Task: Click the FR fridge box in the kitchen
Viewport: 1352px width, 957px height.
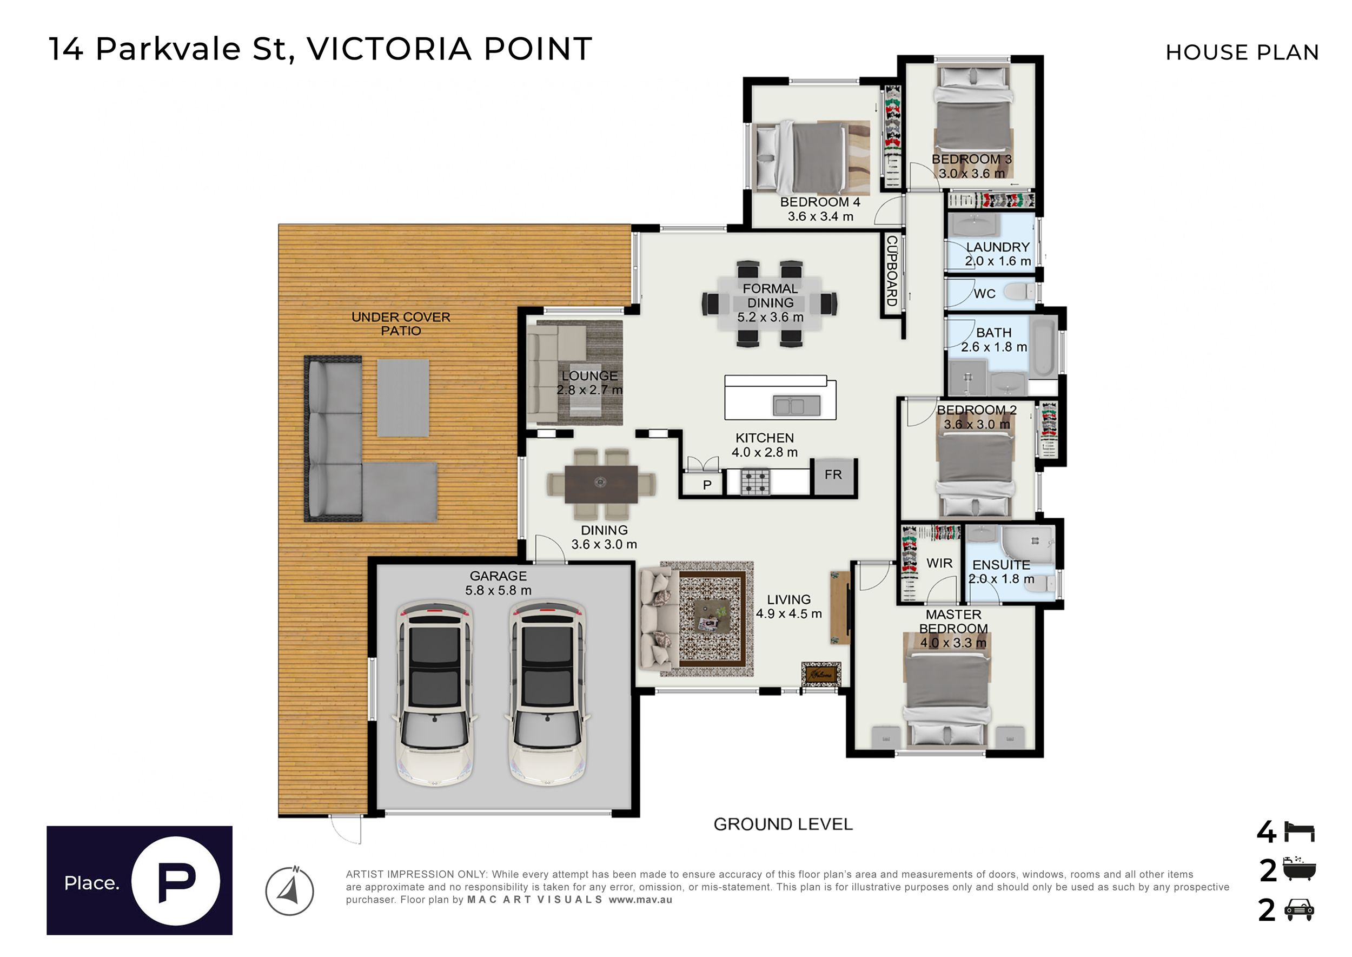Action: click(x=833, y=476)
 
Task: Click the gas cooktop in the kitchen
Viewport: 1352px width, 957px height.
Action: click(x=755, y=482)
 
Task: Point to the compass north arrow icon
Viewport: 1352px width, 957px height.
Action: click(x=289, y=890)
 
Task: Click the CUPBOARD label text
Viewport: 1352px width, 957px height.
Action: click(x=892, y=271)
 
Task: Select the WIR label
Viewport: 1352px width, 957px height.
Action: click(x=939, y=563)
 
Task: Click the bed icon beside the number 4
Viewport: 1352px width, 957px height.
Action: click(x=1299, y=831)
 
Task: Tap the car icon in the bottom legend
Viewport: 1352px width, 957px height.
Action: click(x=1299, y=910)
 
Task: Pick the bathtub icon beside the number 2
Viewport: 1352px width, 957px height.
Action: click(x=1299, y=870)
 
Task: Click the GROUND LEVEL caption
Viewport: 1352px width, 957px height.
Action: click(x=783, y=824)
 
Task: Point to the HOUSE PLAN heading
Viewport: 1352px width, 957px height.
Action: click(x=1242, y=52)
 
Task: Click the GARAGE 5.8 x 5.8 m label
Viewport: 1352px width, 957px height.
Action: click(x=499, y=583)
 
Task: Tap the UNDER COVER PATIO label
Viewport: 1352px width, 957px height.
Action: click(x=401, y=324)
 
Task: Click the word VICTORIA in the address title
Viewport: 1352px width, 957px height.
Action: click(x=389, y=49)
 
